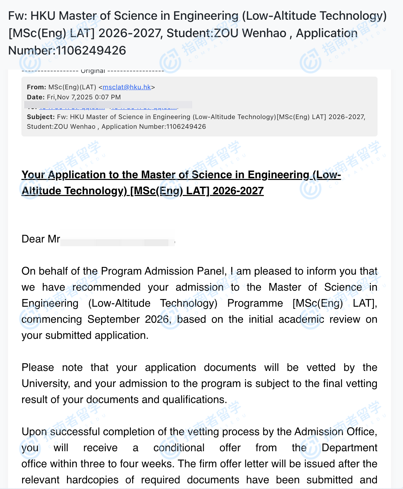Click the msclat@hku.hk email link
pos(127,87)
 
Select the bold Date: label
pos(36,97)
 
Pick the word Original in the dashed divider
pos(93,71)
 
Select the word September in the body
pos(113,319)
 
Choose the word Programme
pos(255,303)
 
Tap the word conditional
pos(179,448)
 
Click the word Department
pos(349,448)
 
